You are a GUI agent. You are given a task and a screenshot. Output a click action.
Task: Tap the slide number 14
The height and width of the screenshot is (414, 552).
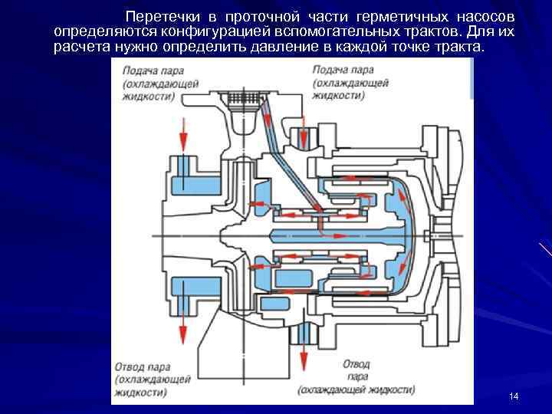pyautogui.click(x=514, y=396)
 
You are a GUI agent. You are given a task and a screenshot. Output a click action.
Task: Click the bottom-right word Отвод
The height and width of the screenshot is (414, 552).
pyautogui.click(x=356, y=366)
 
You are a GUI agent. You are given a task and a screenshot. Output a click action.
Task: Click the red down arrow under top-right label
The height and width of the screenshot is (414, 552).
pyautogui.click(x=304, y=133)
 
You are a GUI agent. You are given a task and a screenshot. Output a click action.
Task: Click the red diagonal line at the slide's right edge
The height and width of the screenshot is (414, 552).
pyautogui.click(x=545, y=250)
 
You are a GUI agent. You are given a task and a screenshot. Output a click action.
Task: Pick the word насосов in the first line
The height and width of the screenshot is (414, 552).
pyautogui.click(x=490, y=17)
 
